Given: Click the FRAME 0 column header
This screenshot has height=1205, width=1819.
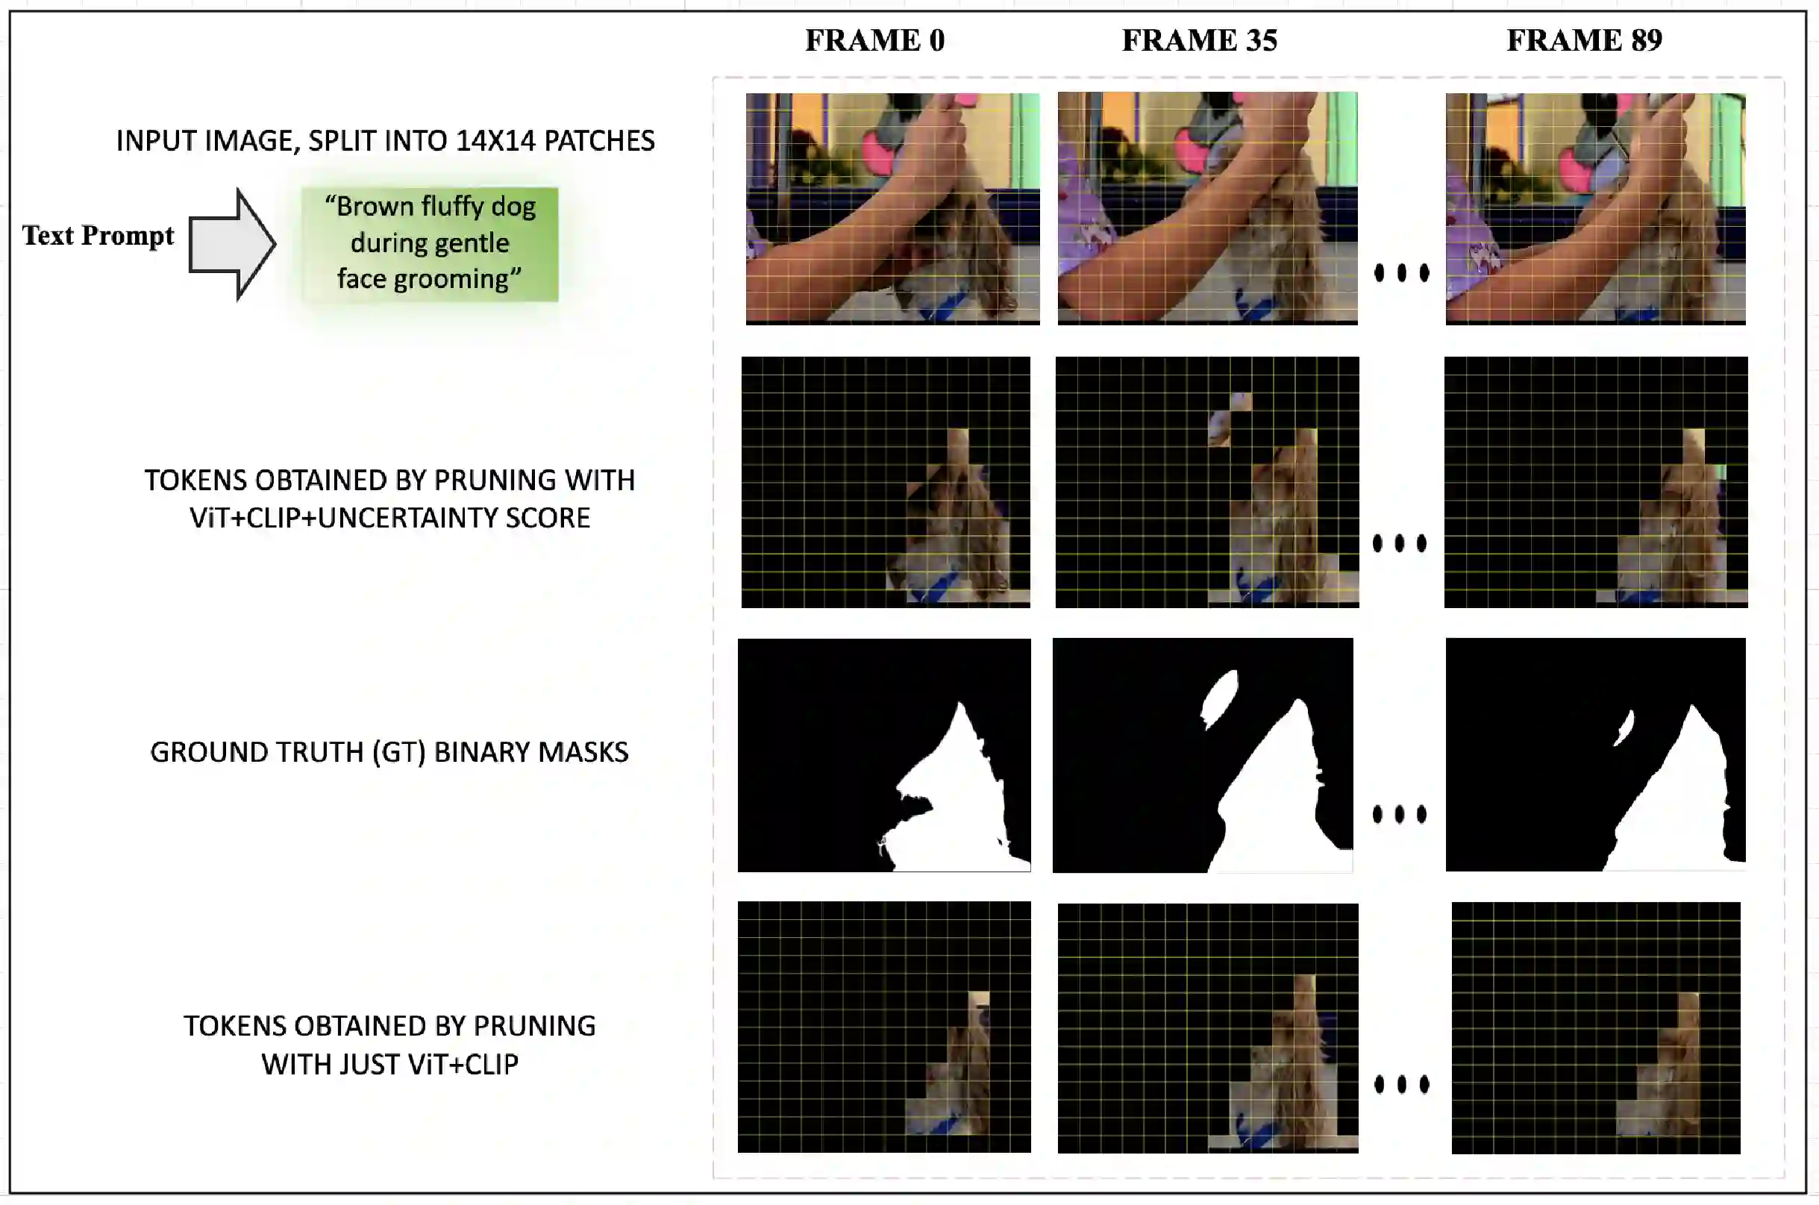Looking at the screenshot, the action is point(874,40).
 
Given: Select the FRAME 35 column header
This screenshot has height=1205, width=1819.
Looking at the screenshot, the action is point(1200,40).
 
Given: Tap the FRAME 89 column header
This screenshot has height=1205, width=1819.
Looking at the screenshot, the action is point(1584,40).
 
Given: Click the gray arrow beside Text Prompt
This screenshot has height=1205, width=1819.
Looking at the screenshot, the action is point(232,245).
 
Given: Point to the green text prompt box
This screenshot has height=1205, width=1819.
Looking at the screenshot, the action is point(430,244).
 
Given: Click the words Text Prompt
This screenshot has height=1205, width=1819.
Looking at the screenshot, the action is point(98,235).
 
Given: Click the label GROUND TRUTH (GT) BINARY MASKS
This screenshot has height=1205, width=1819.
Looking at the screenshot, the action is point(389,751).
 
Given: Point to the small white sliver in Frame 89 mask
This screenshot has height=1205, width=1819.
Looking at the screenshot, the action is point(1624,727).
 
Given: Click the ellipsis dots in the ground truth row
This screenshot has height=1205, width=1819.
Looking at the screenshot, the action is point(1400,814).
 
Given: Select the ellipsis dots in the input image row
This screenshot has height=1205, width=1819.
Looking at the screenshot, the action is point(1402,272).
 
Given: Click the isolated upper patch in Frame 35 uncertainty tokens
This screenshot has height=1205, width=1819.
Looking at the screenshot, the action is point(1229,419).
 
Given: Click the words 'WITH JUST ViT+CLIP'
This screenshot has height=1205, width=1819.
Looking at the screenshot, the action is point(389,1065).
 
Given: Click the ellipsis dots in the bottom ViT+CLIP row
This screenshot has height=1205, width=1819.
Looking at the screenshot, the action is point(1402,1084).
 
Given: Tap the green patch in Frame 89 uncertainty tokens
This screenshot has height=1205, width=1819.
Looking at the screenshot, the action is point(1720,472).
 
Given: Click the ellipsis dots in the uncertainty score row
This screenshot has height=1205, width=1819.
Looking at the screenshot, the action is point(1400,543).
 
